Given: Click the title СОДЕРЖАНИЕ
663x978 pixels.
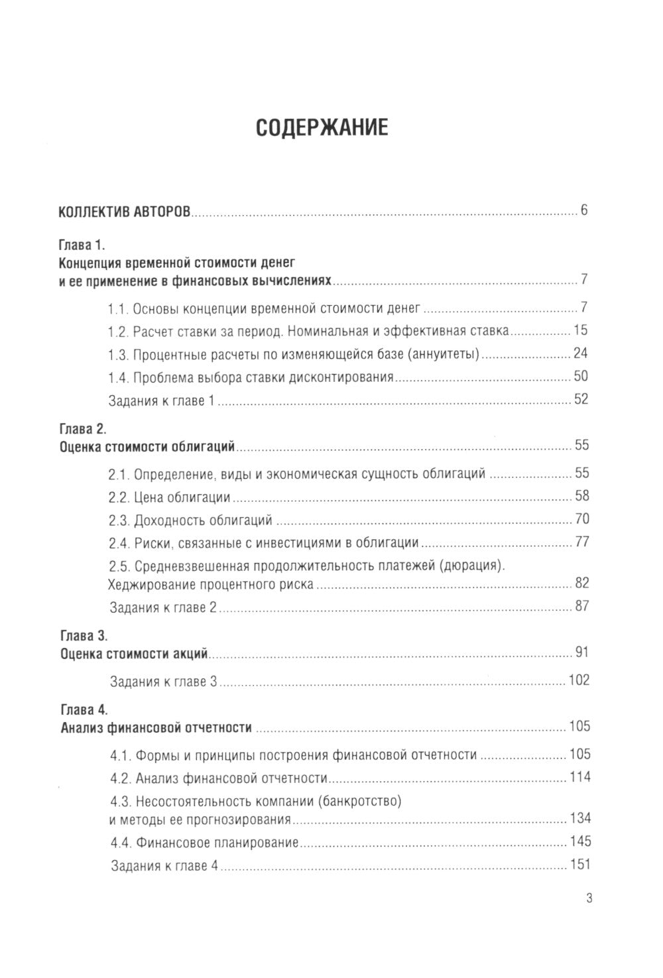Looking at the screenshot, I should click(x=322, y=127).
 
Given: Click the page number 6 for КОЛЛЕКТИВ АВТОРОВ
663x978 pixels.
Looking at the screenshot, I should click(x=584, y=211).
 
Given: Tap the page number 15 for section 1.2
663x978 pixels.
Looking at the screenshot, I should click(x=581, y=330).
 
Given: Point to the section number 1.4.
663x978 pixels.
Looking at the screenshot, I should click(x=119, y=377).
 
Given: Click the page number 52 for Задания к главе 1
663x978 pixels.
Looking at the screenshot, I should click(x=581, y=399).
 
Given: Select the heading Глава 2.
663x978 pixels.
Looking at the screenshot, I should click(x=83, y=428).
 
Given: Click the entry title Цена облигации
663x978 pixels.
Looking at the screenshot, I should click(x=182, y=497).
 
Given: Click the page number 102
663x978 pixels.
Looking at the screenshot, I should click(x=579, y=680).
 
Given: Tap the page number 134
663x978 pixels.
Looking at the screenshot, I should click(x=579, y=818).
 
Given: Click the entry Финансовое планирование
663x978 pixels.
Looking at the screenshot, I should click(x=216, y=843).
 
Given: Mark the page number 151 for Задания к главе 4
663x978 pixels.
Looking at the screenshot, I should click(x=579, y=865).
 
